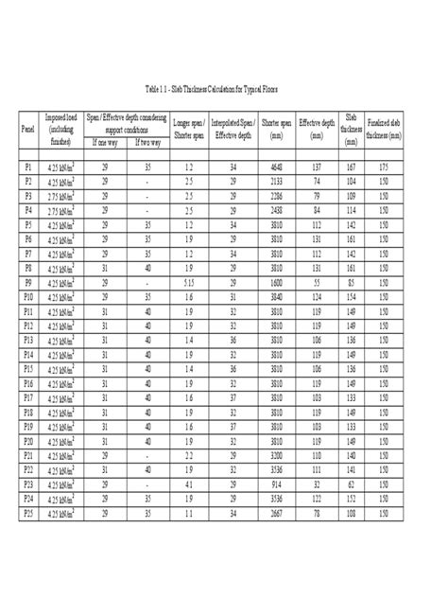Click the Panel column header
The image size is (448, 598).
point(27,124)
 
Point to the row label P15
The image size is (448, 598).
point(27,367)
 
